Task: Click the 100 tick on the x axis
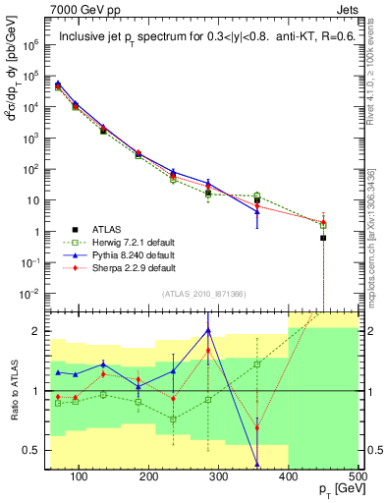[x=94, y=476]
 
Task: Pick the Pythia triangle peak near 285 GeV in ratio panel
[x=208, y=330]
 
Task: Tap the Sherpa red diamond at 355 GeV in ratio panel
[x=257, y=427]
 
